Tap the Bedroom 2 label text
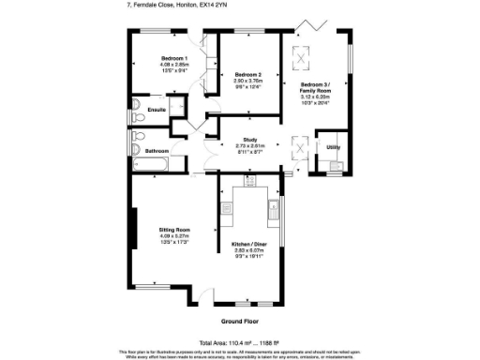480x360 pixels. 247,74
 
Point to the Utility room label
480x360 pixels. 332,147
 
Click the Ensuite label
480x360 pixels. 157,110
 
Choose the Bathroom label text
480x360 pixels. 157,151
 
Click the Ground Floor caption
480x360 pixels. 238,321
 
